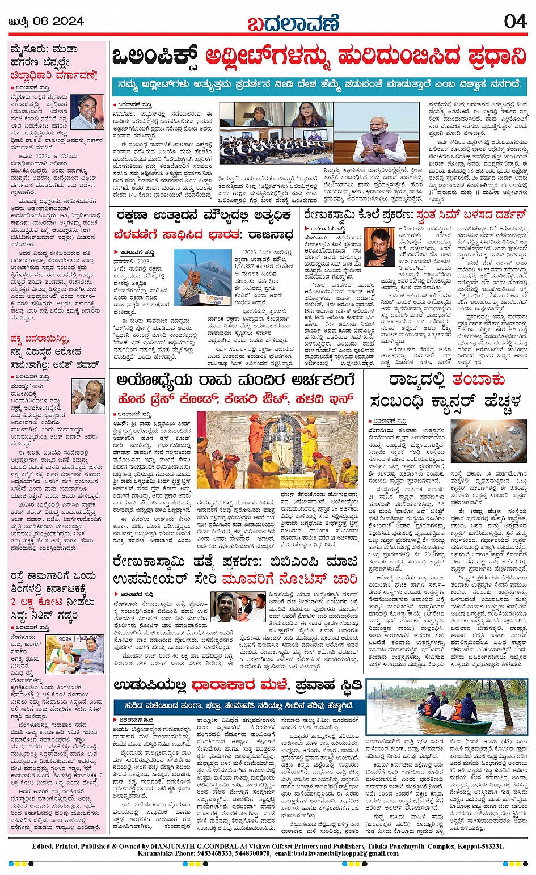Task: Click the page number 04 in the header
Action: pyautogui.click(x=515, y=21)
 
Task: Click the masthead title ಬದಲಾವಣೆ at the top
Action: pyautogui.click(x=293, y=23)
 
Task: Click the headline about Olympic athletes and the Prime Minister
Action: pyautogui.click(x=319, y=57)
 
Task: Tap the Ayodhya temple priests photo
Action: pyautogui.click(x=278, y=450)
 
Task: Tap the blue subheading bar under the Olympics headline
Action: pyautogui.click(x=319, y=85)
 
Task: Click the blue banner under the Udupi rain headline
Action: pyautogui.click(x=237, y=706)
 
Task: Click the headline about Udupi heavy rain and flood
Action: pyautogui.click(x=237, y=685)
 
